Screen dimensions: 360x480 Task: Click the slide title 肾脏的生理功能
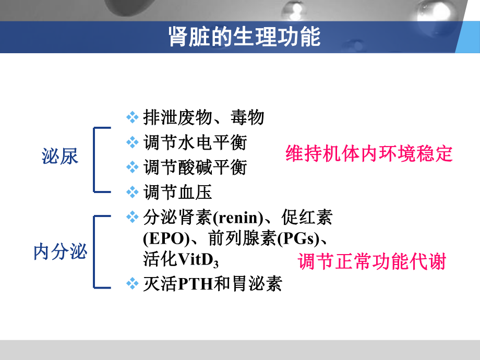coord(244,37)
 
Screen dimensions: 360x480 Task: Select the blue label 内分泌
coord(60,253)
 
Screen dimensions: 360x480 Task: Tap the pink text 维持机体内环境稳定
coord(369,154)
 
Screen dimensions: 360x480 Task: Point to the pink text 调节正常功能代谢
coord(372,261)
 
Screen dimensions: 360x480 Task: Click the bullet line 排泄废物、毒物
coord(203,117)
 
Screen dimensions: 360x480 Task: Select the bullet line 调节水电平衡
coord(195,142)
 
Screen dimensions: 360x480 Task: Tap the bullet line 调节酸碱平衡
coord(195,167)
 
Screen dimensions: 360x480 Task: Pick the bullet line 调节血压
coord(177,193)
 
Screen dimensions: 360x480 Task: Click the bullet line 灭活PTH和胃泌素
coord(212,284)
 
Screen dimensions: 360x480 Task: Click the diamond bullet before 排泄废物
coord(133,117)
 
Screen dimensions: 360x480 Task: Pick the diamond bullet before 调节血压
coord(133,192)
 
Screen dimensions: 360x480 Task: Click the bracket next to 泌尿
coord(95,159)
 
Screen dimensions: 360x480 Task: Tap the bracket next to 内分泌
coord(95,251)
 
